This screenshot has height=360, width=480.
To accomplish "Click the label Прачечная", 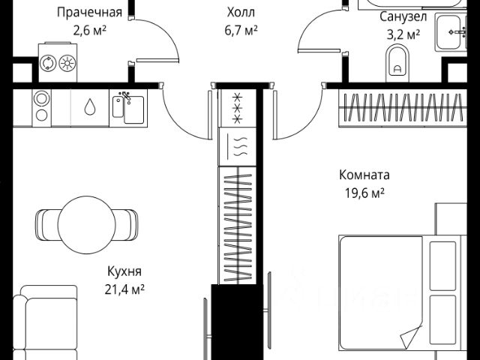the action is [90, 12].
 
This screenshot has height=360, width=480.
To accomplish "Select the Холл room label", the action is [241, 12].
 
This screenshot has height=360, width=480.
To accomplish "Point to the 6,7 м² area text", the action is [241, 30].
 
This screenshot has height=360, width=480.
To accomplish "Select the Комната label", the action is [364, 175].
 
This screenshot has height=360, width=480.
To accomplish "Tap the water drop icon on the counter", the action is [89, 107].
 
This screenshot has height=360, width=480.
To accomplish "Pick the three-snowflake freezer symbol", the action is [238, 108].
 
